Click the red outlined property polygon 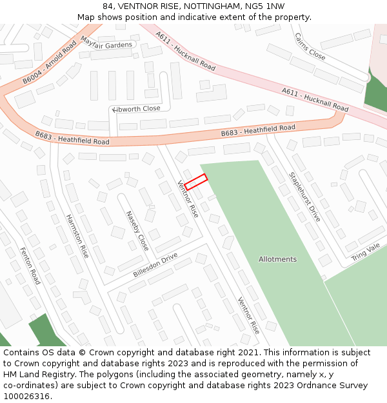tap(195, 181)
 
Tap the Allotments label tap(277, 259)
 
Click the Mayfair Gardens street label tap(106, 43)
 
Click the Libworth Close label tap(136, 109)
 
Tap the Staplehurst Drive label tap(304, 197)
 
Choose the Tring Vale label tap(366, 252)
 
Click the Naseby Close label tap(137, 230)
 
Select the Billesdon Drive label tap(155, 265)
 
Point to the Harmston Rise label tap(77, 236)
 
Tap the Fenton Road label tap(30, 265)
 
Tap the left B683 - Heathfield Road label tap(72, 138)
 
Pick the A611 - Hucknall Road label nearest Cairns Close tap(186, 51)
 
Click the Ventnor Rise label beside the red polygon tap(188, 199)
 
